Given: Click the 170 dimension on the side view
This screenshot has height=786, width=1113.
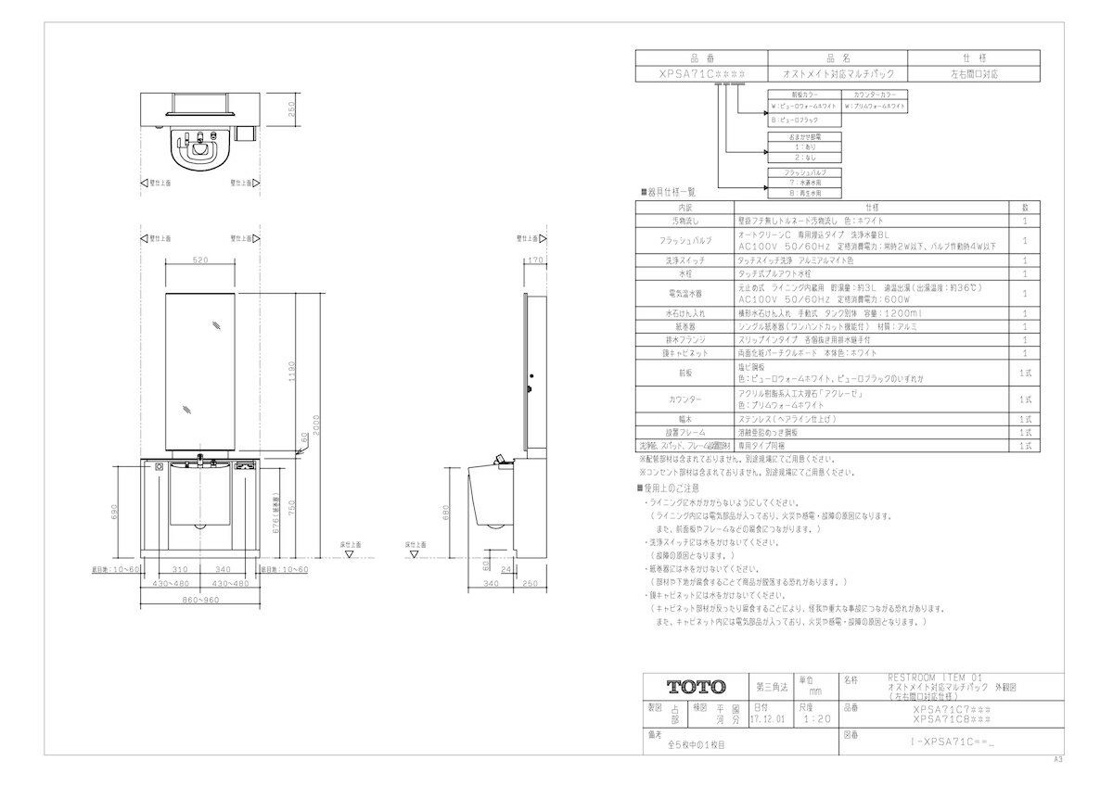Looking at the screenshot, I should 532,260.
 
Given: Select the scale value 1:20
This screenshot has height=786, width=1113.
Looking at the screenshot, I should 816,717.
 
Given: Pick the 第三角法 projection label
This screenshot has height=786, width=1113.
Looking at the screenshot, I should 772,687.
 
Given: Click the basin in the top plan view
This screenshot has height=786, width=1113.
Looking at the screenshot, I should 198,146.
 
